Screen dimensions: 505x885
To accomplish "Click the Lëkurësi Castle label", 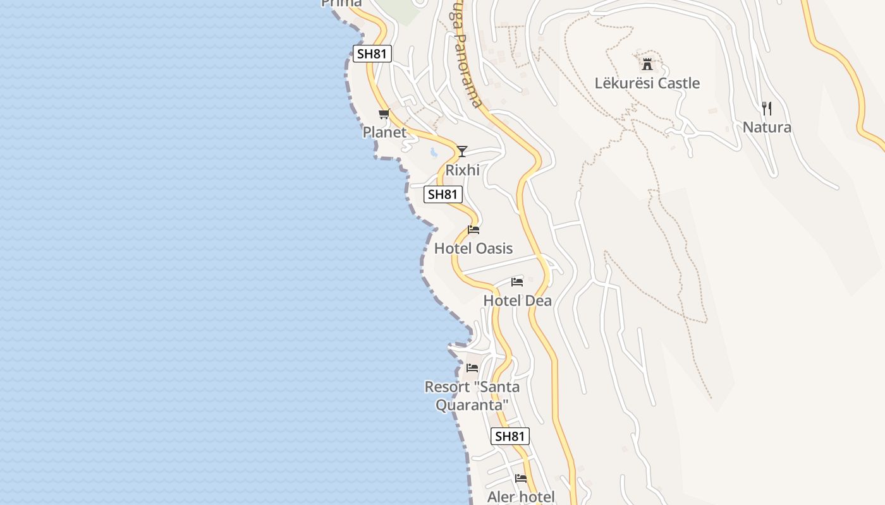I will pos(647,83).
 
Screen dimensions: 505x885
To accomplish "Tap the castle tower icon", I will pos(647,64).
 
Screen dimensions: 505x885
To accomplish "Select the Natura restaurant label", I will pos(767,128).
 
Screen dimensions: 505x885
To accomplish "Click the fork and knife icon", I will pos(767,109).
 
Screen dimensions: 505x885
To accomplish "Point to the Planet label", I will pos(384,133).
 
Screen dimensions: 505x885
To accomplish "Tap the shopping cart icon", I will pos(384,114).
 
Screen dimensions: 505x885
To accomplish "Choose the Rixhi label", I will pos(462,170).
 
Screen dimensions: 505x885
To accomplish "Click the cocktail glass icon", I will pos(462,151).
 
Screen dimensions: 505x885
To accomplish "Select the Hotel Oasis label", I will pos(473,249).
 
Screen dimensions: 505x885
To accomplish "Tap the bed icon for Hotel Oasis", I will pos(473,230).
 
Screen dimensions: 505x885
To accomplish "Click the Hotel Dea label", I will pos(517,301).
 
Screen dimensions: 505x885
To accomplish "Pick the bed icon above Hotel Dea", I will pos(517,282).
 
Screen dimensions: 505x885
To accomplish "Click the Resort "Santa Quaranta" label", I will pos(472,395).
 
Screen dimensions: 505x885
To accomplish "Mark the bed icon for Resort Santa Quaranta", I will pos(472,367).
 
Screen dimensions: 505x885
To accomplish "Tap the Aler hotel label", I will pos(521,497).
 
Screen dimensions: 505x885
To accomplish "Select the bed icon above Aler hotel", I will pos(521,478).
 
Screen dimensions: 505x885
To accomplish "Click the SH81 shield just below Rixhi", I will pos(442,194).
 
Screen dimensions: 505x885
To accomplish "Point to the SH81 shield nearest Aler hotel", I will pos(510,436).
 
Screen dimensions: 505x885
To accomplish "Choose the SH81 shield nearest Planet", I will pos(371,54).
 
